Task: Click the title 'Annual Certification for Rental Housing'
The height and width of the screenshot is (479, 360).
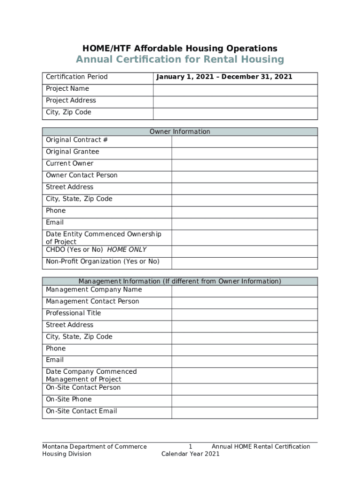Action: tap(180, 59)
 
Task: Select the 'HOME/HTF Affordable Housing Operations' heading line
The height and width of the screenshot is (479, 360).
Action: tap(180, 48)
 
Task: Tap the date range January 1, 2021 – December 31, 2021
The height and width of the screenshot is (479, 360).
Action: tap(224, 77)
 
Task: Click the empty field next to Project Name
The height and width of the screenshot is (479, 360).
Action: tap(235, 90)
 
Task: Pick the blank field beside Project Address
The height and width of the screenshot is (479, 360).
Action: tap(235, 102)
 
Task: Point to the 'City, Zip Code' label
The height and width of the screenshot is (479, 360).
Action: tap(69, 112)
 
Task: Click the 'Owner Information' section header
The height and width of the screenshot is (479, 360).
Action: tap(180, 131)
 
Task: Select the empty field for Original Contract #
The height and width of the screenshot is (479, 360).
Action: tap(245, 141)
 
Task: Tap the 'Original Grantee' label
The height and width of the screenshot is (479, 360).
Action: tap(72, 152)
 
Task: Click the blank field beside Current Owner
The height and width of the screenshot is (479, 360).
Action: tap(245, 165)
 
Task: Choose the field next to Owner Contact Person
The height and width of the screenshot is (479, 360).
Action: tap(245, 176)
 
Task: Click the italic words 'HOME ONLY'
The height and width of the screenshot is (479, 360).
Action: tap(127, 250)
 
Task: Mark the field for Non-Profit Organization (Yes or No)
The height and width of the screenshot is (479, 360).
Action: tap(245, 263)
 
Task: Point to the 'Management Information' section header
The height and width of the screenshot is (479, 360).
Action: tap(180, 281)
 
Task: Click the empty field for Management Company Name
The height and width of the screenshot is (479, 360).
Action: tap(245, 291)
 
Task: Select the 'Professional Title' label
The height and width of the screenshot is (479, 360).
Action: tap(73, 313)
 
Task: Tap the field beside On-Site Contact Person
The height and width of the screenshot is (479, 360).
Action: tap(245, 389)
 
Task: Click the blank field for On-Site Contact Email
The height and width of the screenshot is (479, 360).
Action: tap(245, 413)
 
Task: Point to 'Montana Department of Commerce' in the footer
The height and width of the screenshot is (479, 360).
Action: tap(94, 447)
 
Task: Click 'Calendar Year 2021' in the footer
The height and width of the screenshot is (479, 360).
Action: tap(190, 454)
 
